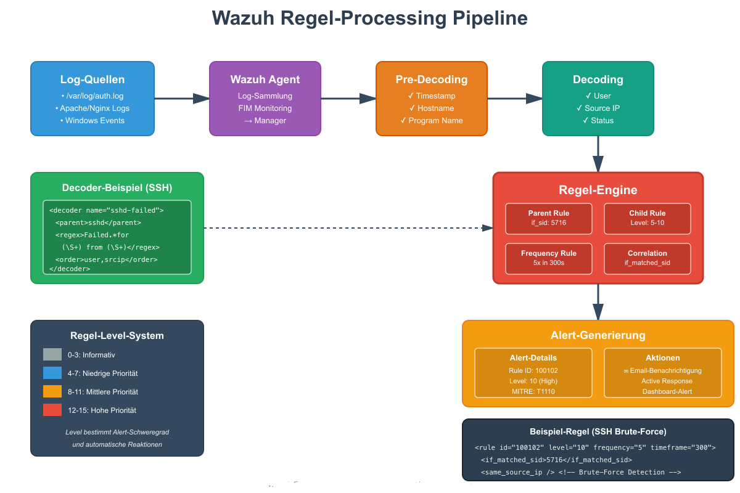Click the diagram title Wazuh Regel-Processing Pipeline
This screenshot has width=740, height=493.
(369, 18)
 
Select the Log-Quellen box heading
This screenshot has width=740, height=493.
(92, 79)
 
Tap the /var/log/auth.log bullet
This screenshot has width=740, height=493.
(92, 96)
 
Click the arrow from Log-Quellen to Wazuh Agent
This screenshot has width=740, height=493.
(181, 99)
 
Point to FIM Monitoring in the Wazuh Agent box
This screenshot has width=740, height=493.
(265, 108)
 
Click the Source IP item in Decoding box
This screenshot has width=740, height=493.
(598, 108)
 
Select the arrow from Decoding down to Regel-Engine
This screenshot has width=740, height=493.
(598, 154)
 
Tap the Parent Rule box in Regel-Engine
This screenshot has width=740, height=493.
(549, 219)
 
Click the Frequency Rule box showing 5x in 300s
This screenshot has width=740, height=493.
(549, 258)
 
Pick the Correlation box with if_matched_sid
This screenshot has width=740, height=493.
(647, 258)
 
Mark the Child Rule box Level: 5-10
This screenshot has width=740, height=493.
(647, 219)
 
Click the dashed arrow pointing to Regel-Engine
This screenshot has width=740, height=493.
(345, 228)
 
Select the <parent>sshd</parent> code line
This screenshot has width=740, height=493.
(98, 222)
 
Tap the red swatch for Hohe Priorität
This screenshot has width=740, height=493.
(52, 410)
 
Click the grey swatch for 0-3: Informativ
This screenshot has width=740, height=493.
(52, 355)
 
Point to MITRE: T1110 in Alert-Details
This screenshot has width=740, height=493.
(533, 392)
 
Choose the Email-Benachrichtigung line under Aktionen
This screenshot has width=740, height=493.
(663, 370)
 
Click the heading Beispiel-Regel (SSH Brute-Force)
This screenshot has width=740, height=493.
(598, 431)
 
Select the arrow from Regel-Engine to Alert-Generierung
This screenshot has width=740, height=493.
(598, 302)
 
